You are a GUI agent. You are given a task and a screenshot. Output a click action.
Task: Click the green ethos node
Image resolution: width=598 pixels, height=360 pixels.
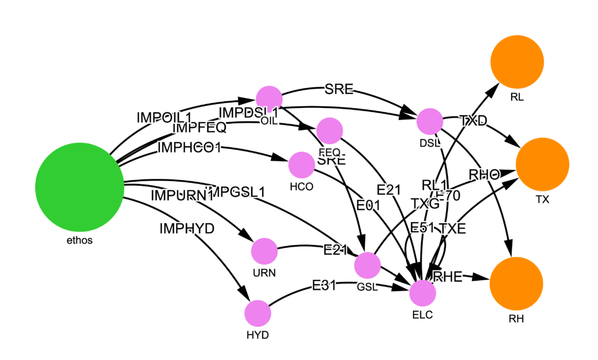79,186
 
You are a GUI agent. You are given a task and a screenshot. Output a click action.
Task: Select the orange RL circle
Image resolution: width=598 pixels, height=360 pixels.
517,61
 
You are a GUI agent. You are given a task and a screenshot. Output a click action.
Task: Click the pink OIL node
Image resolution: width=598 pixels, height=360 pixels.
269,98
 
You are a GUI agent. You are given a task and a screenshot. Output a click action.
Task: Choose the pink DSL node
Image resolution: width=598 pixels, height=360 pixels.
430,122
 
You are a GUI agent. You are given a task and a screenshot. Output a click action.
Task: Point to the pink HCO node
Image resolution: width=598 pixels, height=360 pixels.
301,165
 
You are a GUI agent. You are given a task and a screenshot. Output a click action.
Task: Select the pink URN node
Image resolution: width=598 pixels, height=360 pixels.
264,251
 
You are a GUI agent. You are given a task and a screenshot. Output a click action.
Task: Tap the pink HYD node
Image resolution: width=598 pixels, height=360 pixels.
258,314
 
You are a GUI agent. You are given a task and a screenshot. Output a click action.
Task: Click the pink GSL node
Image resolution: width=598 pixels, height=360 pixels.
367,266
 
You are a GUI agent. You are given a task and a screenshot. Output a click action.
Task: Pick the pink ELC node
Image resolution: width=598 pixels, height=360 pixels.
422,293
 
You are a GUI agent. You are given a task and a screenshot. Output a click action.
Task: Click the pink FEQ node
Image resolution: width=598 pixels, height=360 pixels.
329,130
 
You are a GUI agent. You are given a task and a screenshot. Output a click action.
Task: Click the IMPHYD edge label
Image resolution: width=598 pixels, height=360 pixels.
187,229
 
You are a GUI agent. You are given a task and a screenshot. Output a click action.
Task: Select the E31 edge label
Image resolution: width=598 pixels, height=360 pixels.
325,286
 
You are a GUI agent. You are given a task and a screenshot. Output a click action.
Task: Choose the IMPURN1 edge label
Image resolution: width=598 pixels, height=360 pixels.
182,195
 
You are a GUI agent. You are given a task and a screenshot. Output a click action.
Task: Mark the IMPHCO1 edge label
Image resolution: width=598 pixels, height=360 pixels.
189,148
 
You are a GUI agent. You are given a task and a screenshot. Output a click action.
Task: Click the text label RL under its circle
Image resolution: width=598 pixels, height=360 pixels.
517,98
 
